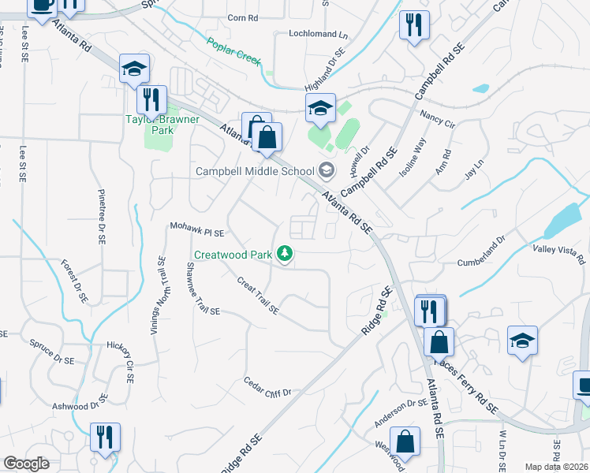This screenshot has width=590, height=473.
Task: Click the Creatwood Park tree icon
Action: point(284,254)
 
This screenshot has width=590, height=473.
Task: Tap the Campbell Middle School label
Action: point(254,171)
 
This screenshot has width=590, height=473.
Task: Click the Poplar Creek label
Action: point(234,52)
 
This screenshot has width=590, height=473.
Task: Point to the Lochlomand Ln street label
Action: point(318,35)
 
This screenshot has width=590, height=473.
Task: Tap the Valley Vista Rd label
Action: point(559,253)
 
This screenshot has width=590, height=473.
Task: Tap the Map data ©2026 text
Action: point(556,467)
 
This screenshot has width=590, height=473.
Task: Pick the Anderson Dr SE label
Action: point(400,413)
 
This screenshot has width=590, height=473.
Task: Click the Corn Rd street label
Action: point(242,17)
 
